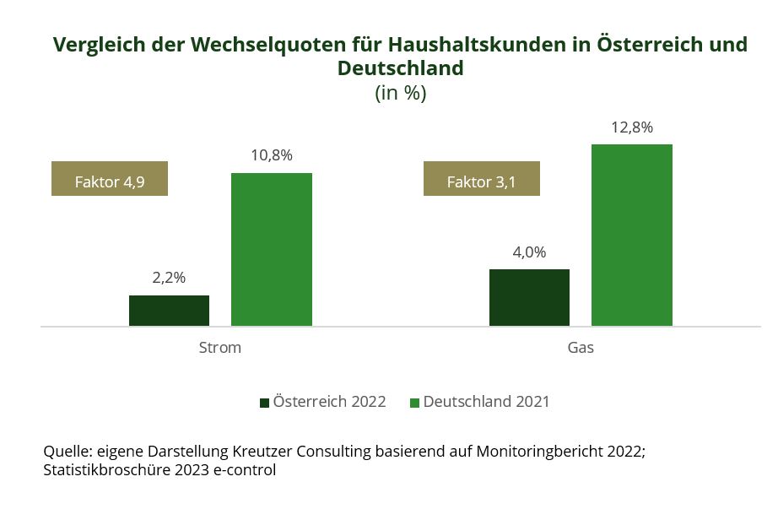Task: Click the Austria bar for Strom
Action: (x=169, y=311)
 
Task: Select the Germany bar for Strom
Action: (x=271, y=249)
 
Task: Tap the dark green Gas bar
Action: (x=529, y=297)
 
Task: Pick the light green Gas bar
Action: (x=631, y=235)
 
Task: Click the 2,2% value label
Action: (x=169, y=278)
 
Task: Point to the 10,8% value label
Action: (x=271, y=155)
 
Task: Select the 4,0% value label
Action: (x=529, y=252)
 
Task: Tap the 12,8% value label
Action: (x=631, y=127)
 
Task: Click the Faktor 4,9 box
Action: (x=110, y=178)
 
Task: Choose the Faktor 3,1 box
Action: (x=481, y=178)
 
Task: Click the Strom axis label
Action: (x=219, y=348)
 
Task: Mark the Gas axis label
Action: (x=581, y=348)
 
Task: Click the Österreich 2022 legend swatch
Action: (x=264, y=403)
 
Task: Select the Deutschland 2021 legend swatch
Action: (x=414, y=403)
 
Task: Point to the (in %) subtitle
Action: (x=400, y=93)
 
